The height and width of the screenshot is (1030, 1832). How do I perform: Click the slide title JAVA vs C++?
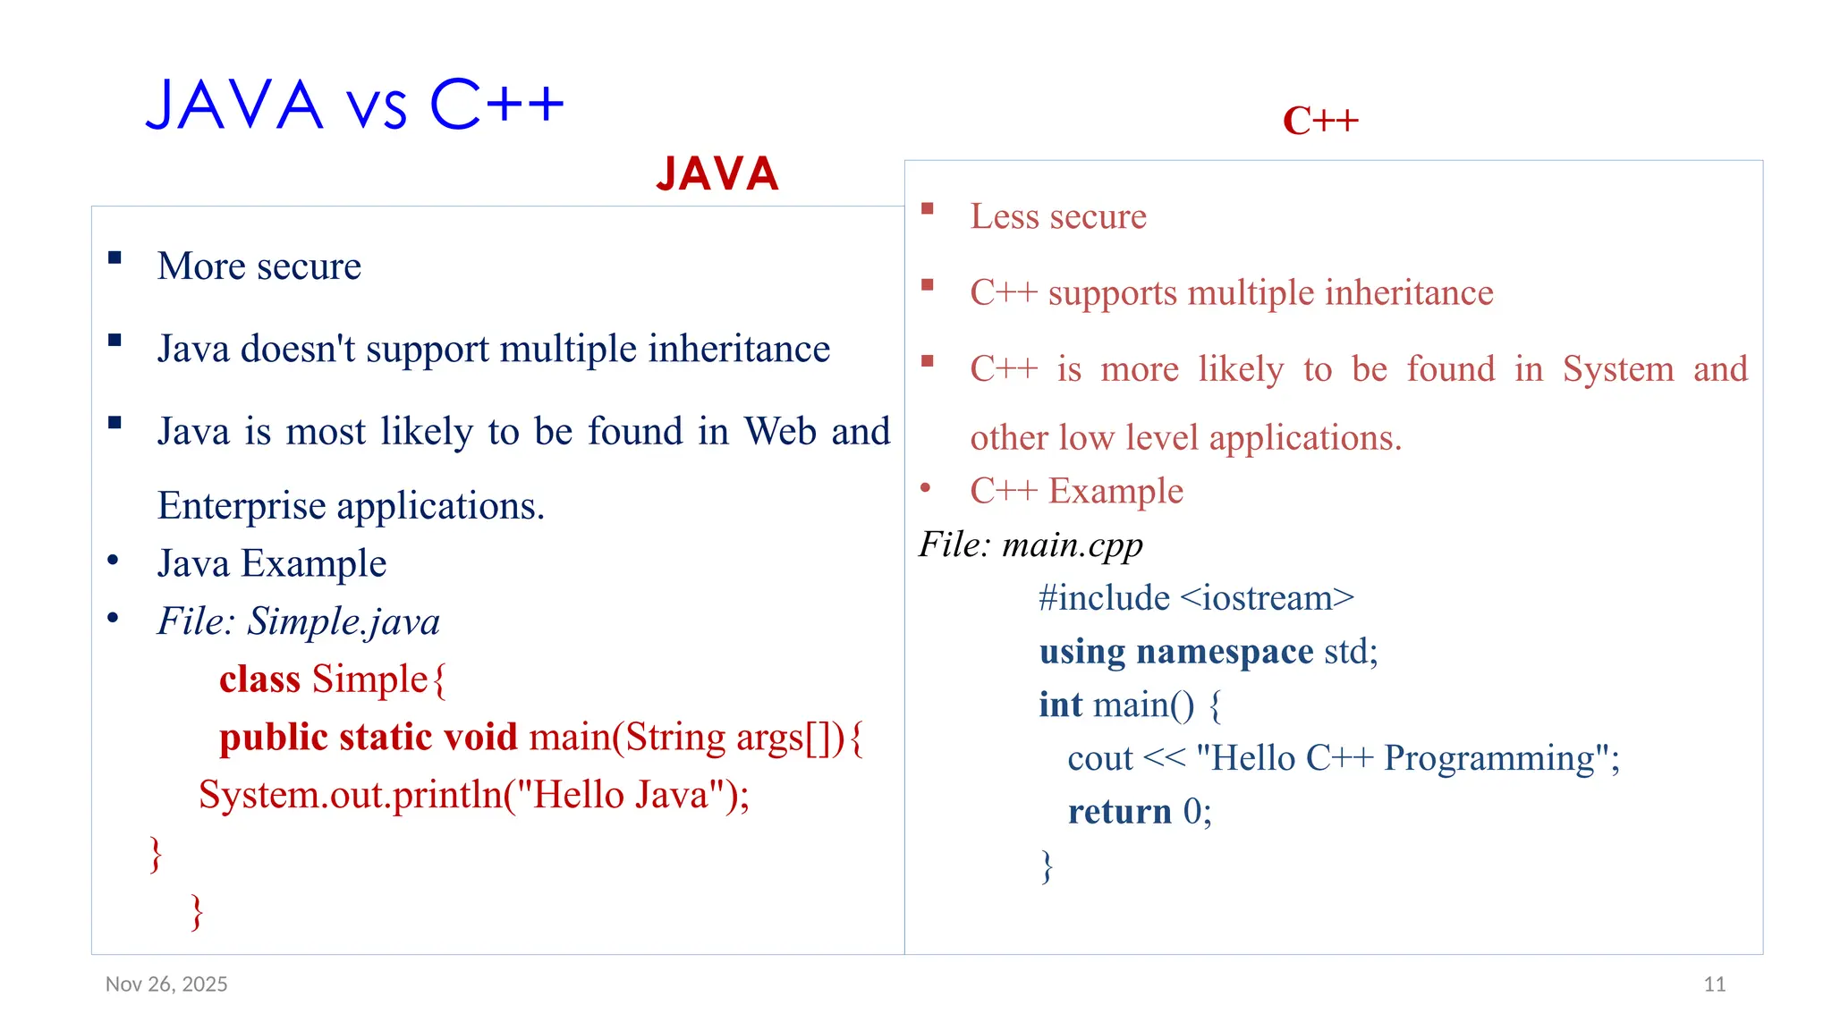click(354, 105)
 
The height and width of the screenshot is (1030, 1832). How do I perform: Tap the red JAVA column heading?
click(717, 173)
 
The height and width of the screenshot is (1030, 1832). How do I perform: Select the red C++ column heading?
click(1320, 121)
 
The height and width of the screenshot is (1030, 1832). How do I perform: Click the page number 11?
click(1714, 984)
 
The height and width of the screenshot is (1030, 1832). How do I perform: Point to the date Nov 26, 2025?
click(166, 984)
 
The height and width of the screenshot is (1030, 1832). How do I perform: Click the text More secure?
click(259, 266)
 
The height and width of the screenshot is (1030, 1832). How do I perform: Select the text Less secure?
click(1058, 216)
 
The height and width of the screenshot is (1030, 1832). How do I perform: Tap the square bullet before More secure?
click(114, 258)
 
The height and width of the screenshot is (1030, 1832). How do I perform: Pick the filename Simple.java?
click(343, 621)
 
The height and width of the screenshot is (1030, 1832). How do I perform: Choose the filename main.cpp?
click(1073, 545)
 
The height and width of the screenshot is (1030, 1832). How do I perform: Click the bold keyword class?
click(259, 680)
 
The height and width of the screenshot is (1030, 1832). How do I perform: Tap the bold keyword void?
click(480, 738)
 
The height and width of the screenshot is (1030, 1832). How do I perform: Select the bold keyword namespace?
click(1225, 652)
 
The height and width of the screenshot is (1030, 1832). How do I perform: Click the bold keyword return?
click(1119, 812)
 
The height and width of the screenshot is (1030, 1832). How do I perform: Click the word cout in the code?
click(1099, 759)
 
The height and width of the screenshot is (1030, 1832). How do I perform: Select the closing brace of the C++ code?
click(1047, 866)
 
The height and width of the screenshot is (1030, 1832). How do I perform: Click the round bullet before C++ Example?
click(926, 488)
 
